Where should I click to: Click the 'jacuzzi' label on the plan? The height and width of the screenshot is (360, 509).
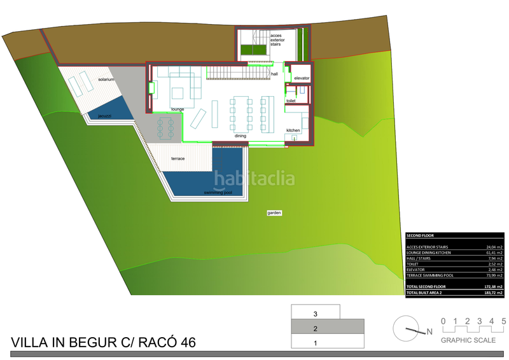tap(105, 116)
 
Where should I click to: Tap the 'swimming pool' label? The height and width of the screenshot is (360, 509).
tap(218, 192)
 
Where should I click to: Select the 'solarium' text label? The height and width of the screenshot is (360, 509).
tap(106, 80)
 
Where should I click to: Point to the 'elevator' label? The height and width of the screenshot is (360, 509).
tap(302, 78)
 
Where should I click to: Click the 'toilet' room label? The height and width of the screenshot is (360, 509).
tap(291, 101)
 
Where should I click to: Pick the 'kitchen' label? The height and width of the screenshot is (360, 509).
tap(293, 130)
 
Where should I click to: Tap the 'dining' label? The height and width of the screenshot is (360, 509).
tap(241, 136)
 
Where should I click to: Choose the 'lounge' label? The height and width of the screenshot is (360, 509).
tap(178, 109)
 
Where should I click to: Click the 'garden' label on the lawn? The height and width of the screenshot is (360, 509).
tap(274, 213)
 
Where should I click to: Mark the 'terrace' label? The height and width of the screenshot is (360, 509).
tap(178, 158)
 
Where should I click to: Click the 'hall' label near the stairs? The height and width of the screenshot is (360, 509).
tap(274, 74)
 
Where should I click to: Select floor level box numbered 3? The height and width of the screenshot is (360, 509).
tap(316, 314)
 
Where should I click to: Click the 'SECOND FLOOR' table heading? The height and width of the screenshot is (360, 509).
tap(420, 235)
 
